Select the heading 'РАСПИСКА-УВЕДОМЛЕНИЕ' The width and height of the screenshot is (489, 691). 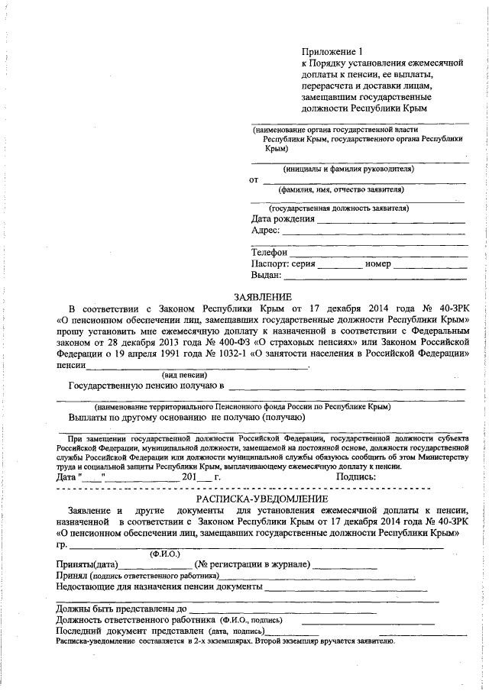click(x=262, y=497)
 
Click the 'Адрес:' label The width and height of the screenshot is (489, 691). click(x=266, y=230)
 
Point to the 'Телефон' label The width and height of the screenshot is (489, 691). click(x=269, y=252)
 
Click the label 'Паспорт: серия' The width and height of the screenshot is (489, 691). click(x=283, y=263)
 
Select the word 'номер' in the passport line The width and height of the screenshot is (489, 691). click(x=378, y=263)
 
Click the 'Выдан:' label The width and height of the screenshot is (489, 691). click(x=267, y=275)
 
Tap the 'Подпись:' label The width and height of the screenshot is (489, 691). click(x=356, y=476)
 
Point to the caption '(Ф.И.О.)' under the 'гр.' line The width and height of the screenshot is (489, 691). click(x=165, y=552)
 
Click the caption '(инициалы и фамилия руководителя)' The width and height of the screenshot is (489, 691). click(x=348, y=168)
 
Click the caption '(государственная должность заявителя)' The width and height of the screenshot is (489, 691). click(x=338, y=208)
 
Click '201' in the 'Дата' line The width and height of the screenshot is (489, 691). click(x=189, y=476)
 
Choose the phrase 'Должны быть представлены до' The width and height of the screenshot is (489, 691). click(x=121, y=609)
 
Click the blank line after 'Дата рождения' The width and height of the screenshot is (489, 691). click(x=390, y=221)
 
